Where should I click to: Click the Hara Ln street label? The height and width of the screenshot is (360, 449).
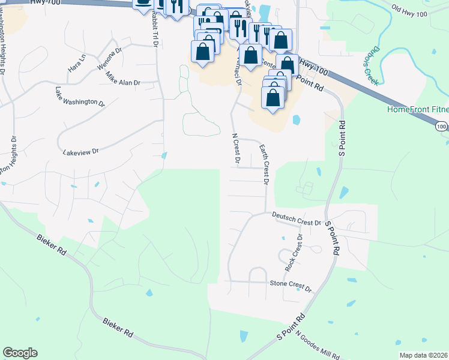pos(77,64)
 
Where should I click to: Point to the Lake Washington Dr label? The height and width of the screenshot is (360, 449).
pos(80,97)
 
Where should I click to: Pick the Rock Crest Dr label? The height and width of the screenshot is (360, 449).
pos(294,252)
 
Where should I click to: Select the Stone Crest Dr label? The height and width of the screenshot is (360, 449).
pos(291,286)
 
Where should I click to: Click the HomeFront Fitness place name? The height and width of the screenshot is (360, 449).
pos(418,109)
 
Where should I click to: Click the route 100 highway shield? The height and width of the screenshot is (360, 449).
pos(441,127)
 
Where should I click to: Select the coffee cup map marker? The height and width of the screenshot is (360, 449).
pos(143,4)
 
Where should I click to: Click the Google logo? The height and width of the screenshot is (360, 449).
pos(20,353)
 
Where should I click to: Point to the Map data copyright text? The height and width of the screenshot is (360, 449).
pos(423,355)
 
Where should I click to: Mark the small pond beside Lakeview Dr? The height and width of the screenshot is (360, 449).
pos(164,157)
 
